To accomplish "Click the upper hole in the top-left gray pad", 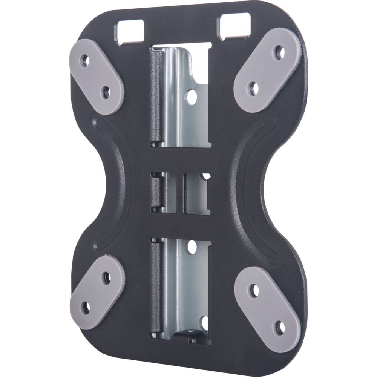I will pyautogui.click(x=86, y=60).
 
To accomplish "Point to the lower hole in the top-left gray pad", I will pyautogui.click(x=105, y=91).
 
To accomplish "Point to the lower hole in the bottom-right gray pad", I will pyautogui.click(x=279, y=325).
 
